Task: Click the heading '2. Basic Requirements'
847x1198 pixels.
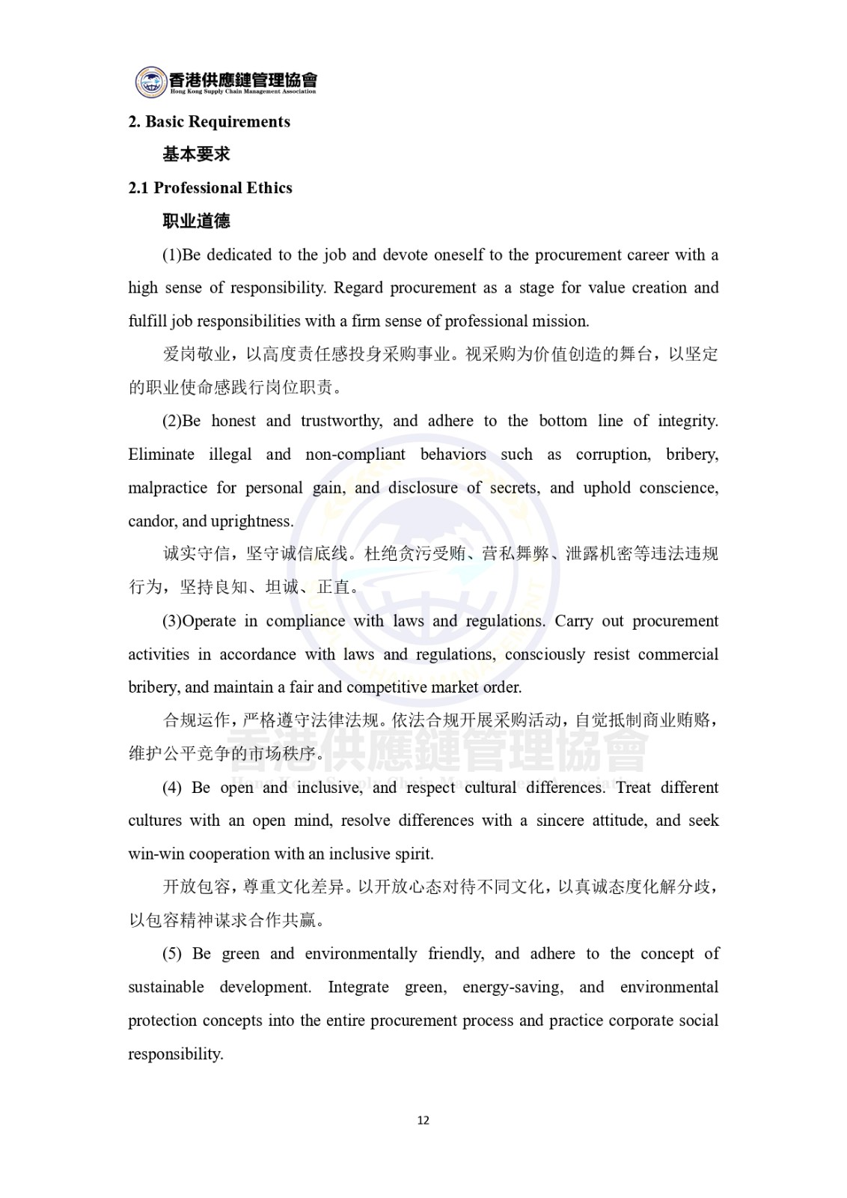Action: pos(209,122)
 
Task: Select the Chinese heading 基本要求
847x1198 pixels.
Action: pos(196,155)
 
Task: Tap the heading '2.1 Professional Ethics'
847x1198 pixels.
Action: pos(210,188)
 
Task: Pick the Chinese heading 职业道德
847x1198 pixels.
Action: pos(196,221)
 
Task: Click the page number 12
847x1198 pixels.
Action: pos(423,1120)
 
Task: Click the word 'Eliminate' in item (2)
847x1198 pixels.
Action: pos(161,454)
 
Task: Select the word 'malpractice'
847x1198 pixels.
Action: pos(164,488)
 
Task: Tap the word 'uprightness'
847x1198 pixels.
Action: pos(252,521)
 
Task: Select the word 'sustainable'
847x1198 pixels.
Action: pos(165,987)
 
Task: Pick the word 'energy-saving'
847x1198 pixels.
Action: pos(512,987)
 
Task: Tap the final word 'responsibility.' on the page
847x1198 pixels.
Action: pos(176,1054)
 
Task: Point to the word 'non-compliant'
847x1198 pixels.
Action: pos(355,454)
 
